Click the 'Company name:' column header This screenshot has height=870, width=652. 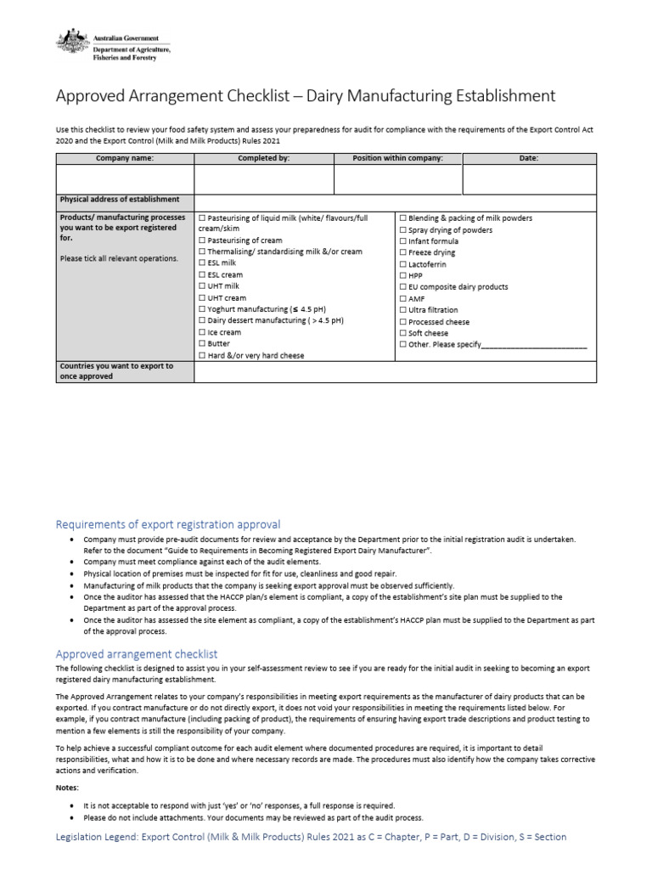coord(125,158)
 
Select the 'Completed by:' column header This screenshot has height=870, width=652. coord(263,158)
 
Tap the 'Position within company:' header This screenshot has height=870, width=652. coord(397,158)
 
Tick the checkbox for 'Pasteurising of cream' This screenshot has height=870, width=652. coord(201,240)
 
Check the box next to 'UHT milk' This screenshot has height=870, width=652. coord(201,287)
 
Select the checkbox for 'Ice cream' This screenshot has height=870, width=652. coord(201,333)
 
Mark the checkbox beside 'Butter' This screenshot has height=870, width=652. coord(201,344)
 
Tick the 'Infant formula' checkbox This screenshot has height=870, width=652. coord(402,241)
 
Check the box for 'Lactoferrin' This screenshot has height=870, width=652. coord(402,264)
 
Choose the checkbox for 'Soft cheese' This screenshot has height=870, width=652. coord(402,334)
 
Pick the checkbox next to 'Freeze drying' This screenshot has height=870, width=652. coord(402,253)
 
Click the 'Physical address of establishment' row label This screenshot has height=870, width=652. coord(119,200)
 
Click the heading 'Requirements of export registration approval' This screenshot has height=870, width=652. coord(168,524)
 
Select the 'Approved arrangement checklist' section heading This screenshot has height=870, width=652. coord(137,654)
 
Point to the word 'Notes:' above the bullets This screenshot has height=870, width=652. coord(68,788)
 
